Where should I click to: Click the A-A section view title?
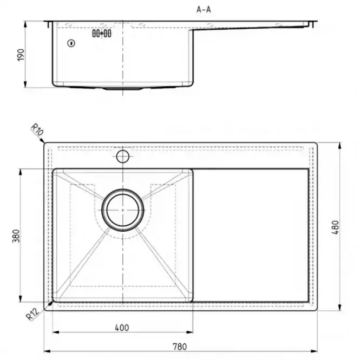click(x=204, y=10)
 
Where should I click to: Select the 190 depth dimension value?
click(x=21, y=55)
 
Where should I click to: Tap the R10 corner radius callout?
click(x=37, y=129)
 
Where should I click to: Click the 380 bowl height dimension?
click(x=16, y=235)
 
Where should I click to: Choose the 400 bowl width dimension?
click(x=122, y=328)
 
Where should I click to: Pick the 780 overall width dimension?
click(x=180, y=346)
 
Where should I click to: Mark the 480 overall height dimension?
click(x=336, y=227)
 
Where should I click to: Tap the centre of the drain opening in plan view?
click(x=123, y=210)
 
